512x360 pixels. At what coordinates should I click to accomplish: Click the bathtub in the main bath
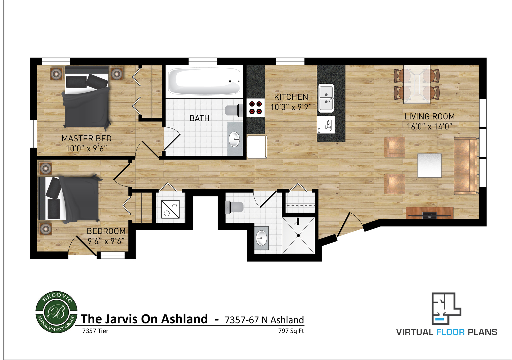pos(204,81)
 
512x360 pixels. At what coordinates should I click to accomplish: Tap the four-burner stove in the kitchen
pos(256,108)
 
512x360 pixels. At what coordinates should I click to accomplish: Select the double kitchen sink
pos(326,98)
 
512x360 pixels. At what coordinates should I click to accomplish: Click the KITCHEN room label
pos(291,97)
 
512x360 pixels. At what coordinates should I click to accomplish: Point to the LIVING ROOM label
pos(429,117)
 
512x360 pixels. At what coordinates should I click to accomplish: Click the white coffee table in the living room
pos(429,165)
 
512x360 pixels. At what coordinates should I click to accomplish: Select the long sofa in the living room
pos(465,165)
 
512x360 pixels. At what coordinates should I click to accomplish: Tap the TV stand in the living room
pos(429,213)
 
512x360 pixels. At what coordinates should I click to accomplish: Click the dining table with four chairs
pos(417,84)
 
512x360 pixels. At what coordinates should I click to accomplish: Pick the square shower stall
pos(298,235)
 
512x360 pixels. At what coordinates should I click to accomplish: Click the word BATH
pos(199,118)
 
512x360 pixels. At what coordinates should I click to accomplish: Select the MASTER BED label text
pos(86,138)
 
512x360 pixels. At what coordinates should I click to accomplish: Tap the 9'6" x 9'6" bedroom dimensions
pos(106,241)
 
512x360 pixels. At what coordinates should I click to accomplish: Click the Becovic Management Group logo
pos(56,312)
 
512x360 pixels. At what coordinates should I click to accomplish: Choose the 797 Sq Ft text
pos(291,331)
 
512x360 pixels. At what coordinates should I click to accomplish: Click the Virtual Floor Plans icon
pos(446,308)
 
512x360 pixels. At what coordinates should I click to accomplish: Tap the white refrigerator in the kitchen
pos(257,147)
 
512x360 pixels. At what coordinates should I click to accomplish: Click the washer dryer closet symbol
pos(170,209)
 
